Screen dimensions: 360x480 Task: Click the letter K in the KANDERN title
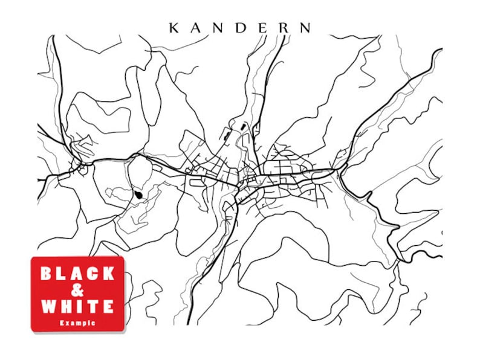[x=174, y=28]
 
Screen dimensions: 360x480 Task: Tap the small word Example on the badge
[x=77, y=323]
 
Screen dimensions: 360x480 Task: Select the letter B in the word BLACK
[x=46, y=274]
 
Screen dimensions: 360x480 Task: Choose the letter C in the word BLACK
[x=92, y=274]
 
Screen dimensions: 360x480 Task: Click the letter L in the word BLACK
[x=61, y=274]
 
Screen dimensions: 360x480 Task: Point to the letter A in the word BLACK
[x=77, y=274]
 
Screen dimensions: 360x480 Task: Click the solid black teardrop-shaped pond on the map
[x=140, y=195]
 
